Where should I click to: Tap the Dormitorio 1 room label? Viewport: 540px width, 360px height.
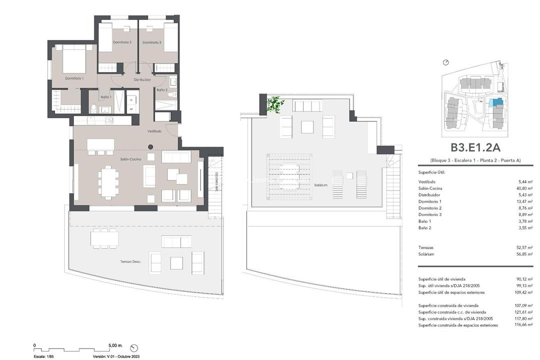coord(74,78)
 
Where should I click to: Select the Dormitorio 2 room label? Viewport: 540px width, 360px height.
coord(122,42)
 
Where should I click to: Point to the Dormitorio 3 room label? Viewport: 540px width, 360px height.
coord(151,42)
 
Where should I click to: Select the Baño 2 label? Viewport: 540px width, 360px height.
coord(161,90)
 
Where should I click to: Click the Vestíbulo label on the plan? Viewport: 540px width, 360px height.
coord(154,131)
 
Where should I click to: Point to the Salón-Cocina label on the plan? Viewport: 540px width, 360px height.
coord(130,158)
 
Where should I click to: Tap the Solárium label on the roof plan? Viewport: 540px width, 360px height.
coord(321,185)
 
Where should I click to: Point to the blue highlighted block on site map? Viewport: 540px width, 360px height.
coord(496,102)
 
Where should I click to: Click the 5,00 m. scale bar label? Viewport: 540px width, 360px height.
coord(114,345)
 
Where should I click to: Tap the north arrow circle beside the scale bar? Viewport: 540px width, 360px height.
coord(133,347)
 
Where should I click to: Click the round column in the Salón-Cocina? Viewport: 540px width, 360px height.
coord(150,147)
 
